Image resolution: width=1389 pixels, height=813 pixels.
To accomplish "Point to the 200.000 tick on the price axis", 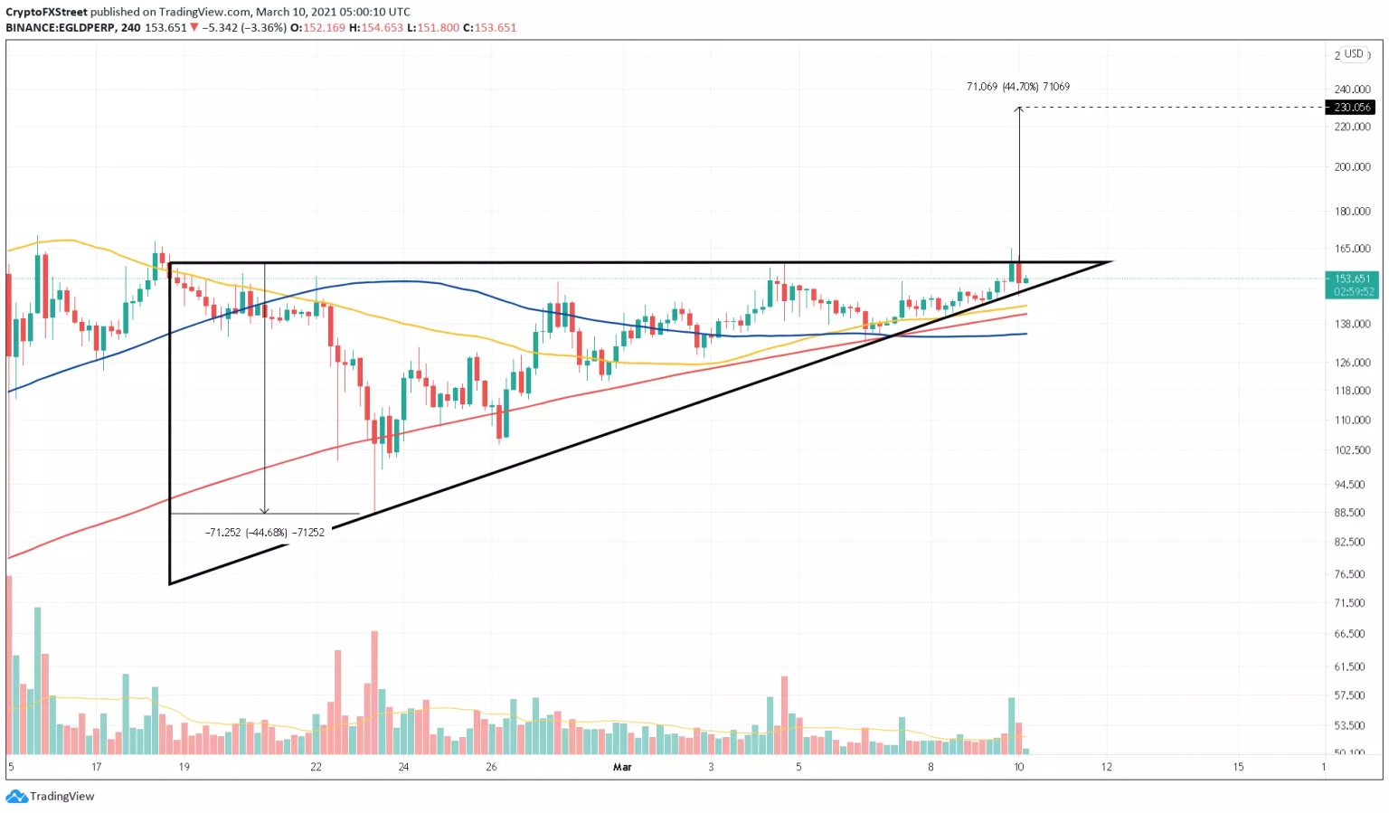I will (x=1352, y=167).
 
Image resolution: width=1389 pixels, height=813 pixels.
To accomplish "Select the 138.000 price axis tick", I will (x=1352, y=324).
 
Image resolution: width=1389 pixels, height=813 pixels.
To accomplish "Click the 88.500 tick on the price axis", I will (x=1349, y=513).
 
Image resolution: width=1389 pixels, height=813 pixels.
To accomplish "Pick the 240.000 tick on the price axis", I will (x=1352, y=90).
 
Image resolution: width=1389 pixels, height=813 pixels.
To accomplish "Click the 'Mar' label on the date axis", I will (x=622, y=767).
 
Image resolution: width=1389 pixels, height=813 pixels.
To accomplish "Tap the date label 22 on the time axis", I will (x=316, y=767).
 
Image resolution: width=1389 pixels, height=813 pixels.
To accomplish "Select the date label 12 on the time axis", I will (x=1106, y=767).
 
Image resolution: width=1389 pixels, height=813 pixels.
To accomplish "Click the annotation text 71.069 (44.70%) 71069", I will (x=1017, y=87).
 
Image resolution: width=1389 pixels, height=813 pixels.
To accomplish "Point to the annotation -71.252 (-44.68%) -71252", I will (x=264, y=533).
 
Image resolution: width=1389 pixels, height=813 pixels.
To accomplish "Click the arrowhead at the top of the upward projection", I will (x=1019, y=109).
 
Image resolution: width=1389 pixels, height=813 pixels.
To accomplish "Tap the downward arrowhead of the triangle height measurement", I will (x=264, y=511).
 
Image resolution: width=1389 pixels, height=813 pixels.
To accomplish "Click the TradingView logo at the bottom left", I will (x=51, y=797).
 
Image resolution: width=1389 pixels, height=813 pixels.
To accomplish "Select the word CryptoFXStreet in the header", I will (x=46, y=12).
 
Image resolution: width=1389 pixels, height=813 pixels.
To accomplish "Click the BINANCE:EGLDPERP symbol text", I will (x=60, y=28).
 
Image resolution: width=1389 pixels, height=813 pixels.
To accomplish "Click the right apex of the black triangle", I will (x=1110, y=262).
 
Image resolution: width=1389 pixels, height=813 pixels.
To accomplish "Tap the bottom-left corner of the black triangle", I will (x=170, y=583).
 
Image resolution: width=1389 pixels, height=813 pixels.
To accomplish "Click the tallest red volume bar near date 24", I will (x=374, y=692).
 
